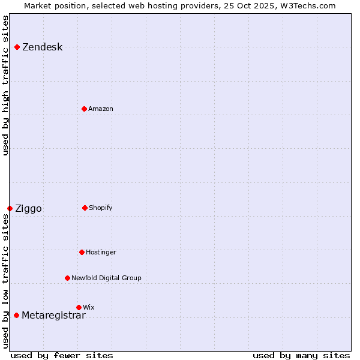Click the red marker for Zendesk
coord(17,47)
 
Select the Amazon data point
coord(84,109)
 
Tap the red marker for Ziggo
coord(10,208)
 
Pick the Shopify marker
coord(85,208)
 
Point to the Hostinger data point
coord(82,252)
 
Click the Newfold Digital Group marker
coord(67,278)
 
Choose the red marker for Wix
coord(79,307)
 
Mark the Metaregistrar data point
coord(16,315)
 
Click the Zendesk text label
coord(42,47)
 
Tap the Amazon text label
coord(101,109)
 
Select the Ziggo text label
coord(28,209)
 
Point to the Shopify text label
coord(101,208)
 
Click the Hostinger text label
coord(101,253)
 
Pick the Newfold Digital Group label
coord(106,278)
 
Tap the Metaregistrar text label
coord(53,316)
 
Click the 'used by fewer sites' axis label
coord(62,355)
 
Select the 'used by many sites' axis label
coord(301,355)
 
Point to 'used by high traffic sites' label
coord(5,85)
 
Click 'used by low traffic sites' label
coord(5,281)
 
